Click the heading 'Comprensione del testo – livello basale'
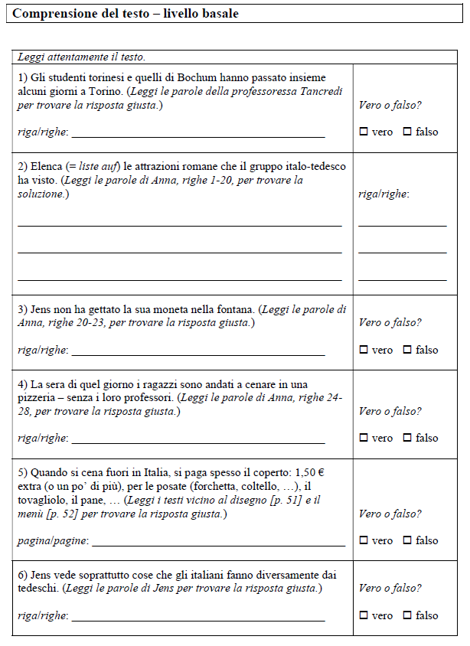coord(126,14)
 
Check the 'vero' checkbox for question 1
coord(364,132)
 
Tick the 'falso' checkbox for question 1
coord(407,132)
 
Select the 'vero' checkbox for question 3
coord(364,350)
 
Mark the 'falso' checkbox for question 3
coord(407,350)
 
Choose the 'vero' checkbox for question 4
coord(364,438)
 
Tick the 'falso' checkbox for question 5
coord(407,540)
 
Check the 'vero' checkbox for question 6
coord(364,615)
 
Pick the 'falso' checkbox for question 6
coord(407,615)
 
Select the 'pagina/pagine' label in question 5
coord(52,541)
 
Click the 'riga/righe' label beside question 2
coord(384,194)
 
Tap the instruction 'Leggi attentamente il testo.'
coord(81,57)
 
